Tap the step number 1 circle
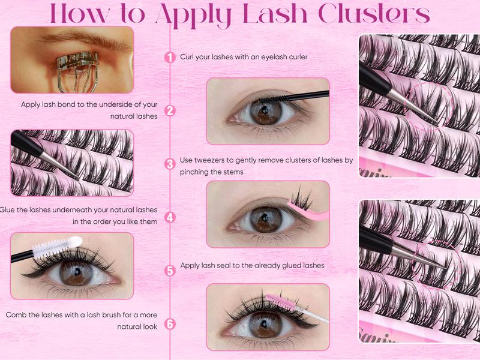170,57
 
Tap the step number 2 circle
170,110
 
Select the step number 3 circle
170,163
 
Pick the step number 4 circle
170,217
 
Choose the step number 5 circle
170,271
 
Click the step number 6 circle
170,325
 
